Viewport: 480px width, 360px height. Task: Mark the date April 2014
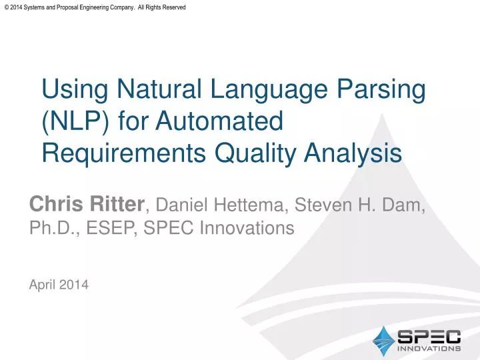tap(59, 285)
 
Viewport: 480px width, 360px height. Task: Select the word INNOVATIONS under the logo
tap(429, 348)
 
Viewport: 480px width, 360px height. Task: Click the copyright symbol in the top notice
tap(7, 7)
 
